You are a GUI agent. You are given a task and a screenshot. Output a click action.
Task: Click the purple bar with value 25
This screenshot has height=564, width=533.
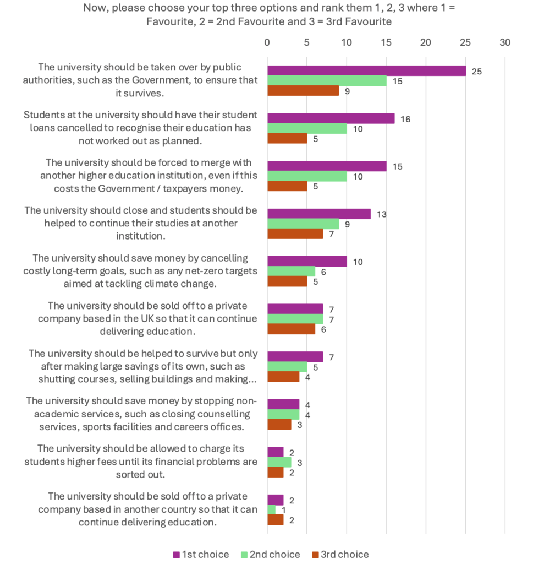(x=366, y=71)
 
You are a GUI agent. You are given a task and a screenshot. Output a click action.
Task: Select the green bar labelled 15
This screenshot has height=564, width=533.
(x=327, y=81)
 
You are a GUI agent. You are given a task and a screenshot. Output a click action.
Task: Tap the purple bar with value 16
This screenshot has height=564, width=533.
(x=331, y=118)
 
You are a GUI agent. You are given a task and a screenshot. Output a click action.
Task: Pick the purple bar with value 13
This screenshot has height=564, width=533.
(x=319, y=214)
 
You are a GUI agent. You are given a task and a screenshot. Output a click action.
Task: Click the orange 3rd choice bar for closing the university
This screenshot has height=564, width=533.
(x=295, y=234)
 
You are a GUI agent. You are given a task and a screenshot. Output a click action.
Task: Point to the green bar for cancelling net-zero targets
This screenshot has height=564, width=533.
(x=292, y=272)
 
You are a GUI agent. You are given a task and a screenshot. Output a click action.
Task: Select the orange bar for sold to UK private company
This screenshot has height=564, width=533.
(x=292, y=329)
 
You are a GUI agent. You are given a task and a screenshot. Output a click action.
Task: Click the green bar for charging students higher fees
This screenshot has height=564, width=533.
(x=279, y=462)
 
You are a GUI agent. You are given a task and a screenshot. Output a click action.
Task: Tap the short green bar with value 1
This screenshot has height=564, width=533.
(x=272, y=509)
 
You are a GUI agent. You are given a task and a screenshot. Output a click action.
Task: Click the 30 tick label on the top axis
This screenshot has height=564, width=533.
(x=505, y=42)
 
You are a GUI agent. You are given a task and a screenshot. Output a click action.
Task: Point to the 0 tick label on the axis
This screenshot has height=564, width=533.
(x=267, y=42)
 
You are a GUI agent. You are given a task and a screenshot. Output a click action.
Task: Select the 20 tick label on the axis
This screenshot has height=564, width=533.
(x=426, y=42)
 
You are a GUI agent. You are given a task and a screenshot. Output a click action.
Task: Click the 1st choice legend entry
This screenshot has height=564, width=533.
(x=201, y=554)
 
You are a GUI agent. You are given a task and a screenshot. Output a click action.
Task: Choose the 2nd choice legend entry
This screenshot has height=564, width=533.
(x=271, y=554)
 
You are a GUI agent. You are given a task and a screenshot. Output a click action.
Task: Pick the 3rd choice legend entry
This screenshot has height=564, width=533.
(x=340, y=554)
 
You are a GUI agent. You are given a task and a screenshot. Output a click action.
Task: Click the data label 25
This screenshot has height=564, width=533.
(x=476, y=72)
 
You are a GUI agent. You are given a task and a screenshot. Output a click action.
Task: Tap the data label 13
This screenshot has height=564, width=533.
(x=381, y=214)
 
